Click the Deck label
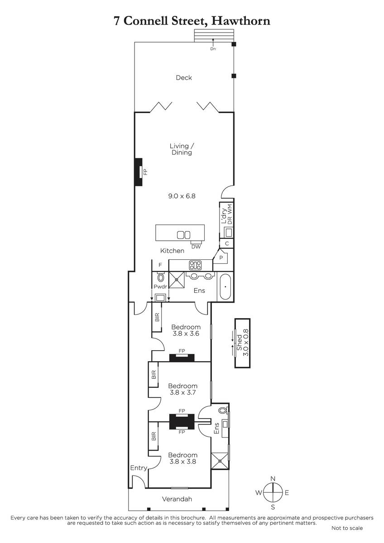pyautogui.click(x=184, y=77)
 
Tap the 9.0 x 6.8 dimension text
pyautogui.click(x=182, y=196)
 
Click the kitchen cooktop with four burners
pyautogui.click(x=195, y=265)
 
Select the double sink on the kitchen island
pyautogui.click(x=183, y=235)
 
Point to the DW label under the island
pyautogui.click(x=196, y=247)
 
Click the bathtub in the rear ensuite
pyautogui.click(x=226, y=287)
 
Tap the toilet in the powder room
pyautogui.click(x=161, y=276)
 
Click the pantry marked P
pyautogui.click(x=221, y=257)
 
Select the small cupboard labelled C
pyautogui.click(x=227, y=243)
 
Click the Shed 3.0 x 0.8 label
pyautogui.click(x=242, y=342)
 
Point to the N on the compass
pyautogui.click(x=273, y=479)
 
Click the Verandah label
pyautogui.click(x=177, y=499)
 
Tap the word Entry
pyautogui.click(x=139, y=468)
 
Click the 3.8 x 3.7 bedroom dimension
pyautogui.click(x=182, y=392)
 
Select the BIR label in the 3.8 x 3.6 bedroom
pyautogui.click(x=157, y=318)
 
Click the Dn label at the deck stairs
pyautogui.click(x=213, y=49)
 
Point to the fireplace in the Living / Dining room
pyautogui.click(x=139, y=172)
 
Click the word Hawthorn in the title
pyautogui.click(x=241, y=21)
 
